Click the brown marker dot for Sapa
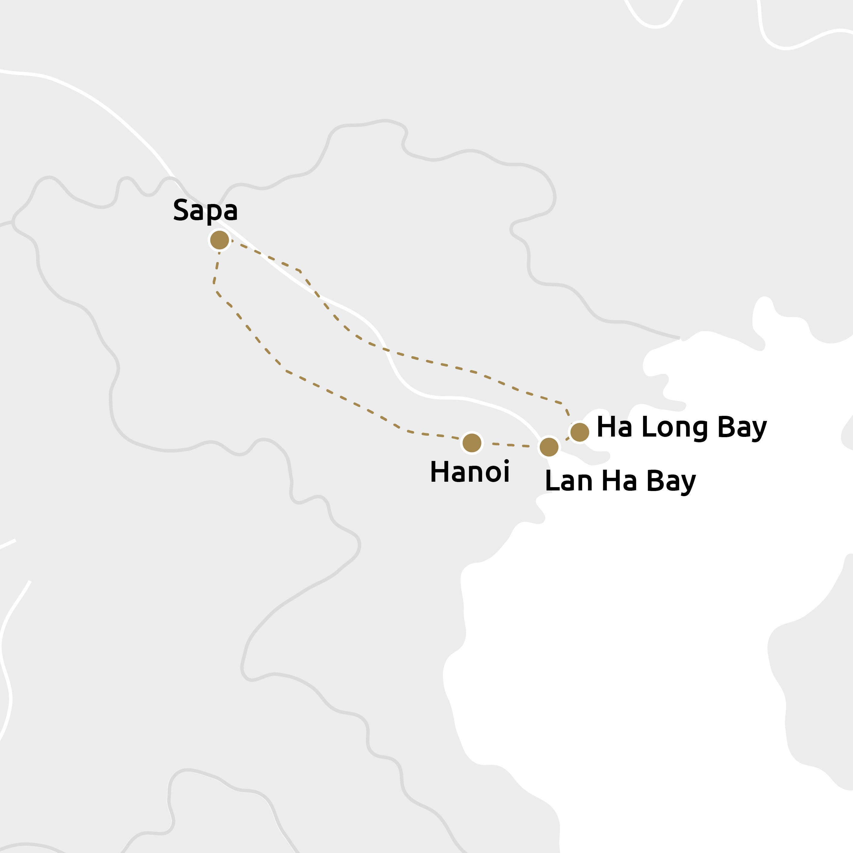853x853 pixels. tap(219, 240)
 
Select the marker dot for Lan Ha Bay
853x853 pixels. tap(549, 447)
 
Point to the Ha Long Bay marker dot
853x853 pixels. tap(580, 431)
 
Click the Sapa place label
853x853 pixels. tap(205, 211)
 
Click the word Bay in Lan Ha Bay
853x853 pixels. tap(671, 482)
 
